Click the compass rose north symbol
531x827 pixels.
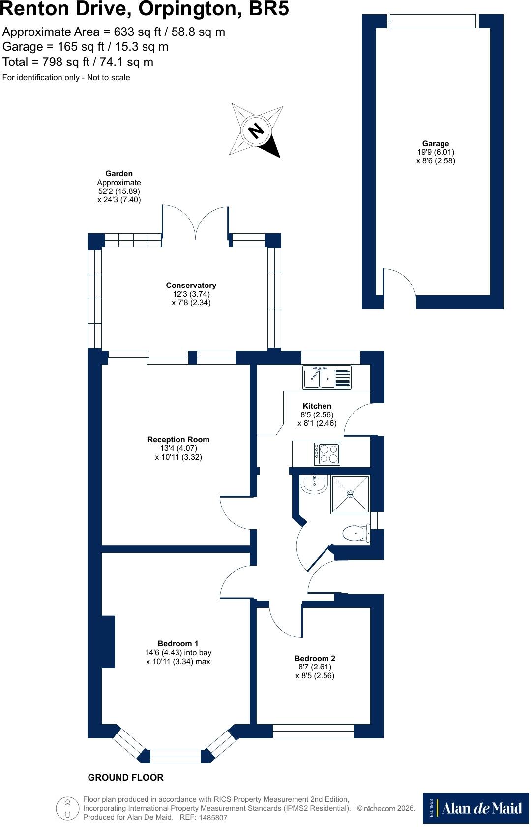pyautogui.click(x=256, y=130)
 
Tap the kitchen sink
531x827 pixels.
pyautogui.click(x=327, y=377)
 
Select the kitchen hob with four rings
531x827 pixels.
pyautogui.click(x=327, y=454)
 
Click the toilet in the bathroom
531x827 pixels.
pyautogui.click(x=356, y=533)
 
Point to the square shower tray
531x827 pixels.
pyautogui.click(x=350, y=494)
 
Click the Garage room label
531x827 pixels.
pyautogui.click(x=436, y=144)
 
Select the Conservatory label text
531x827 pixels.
pyautogui.click(x=191, y=286)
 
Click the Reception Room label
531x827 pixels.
pyautogui.click(x=178, y=439)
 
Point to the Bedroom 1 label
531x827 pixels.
pyautogui.click(x=178, y=643)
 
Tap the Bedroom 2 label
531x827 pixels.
pyautogui.click(x=315, y=658)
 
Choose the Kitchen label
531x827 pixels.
pyautogui.click(x=317, y=406)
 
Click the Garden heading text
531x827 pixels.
pyautogui.click(x=119, y=173)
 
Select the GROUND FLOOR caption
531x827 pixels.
pyautogui.click(x=125, y=778)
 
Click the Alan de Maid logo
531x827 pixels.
pyautogui.click(x=476, y=808)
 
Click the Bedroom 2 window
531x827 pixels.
pyautogui.click(x=314, y=731)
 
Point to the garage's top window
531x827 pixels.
pyautogui.click(x=433, y=21)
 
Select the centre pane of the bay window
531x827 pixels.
pyautogui.click(x=176, y=757)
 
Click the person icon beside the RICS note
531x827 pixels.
pyautogui.click(x=67, y=808)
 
